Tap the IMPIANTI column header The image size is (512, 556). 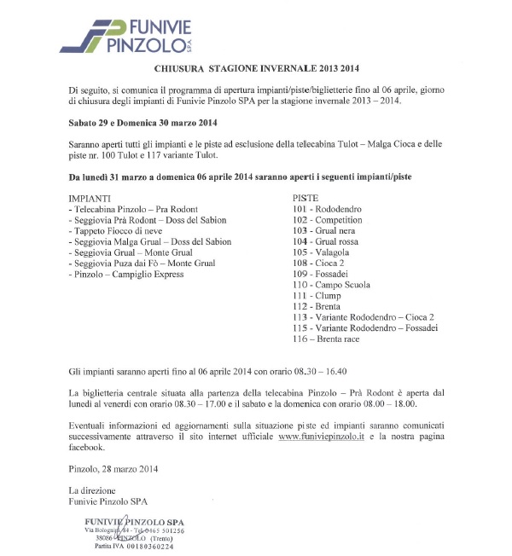pos(89,197)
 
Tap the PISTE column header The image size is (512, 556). pos(305,197)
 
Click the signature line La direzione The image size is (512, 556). pos(93,490)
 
